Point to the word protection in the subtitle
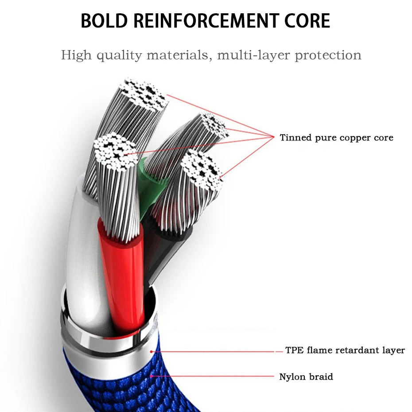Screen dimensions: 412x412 tap(328, 56)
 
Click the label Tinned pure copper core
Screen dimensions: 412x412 tap(336, 138)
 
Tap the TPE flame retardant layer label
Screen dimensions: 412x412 tap(345, 350)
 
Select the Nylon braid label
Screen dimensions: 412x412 tap(306, 377)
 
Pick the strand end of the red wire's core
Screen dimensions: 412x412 tap(115, 151)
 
